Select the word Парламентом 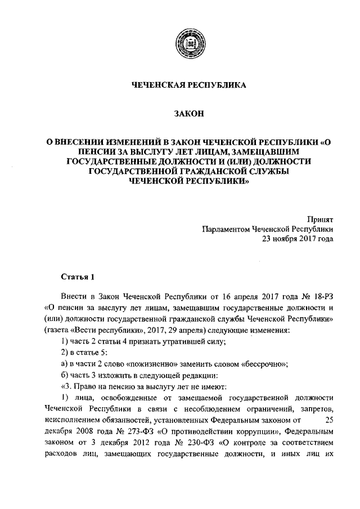pos(226,229)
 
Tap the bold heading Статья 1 pos(75,277)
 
